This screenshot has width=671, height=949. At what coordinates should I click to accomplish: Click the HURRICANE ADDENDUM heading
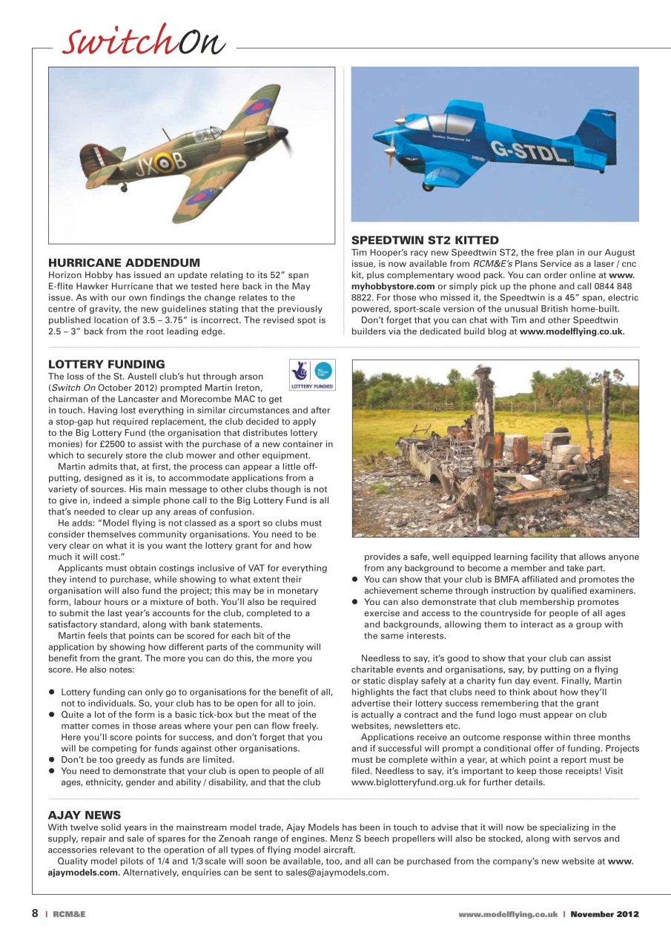124,262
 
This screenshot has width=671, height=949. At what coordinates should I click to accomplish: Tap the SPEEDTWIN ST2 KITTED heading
424,240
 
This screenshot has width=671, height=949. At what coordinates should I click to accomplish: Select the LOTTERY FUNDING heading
106,364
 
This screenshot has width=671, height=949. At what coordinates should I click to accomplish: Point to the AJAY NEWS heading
84,815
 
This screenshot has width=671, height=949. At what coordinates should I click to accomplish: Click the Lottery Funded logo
311,374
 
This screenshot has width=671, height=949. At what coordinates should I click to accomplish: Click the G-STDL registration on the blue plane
528,151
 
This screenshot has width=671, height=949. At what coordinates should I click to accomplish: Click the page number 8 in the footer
35,914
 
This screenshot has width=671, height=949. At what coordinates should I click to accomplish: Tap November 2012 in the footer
604,914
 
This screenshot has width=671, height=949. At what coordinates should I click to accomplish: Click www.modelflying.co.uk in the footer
507,914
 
